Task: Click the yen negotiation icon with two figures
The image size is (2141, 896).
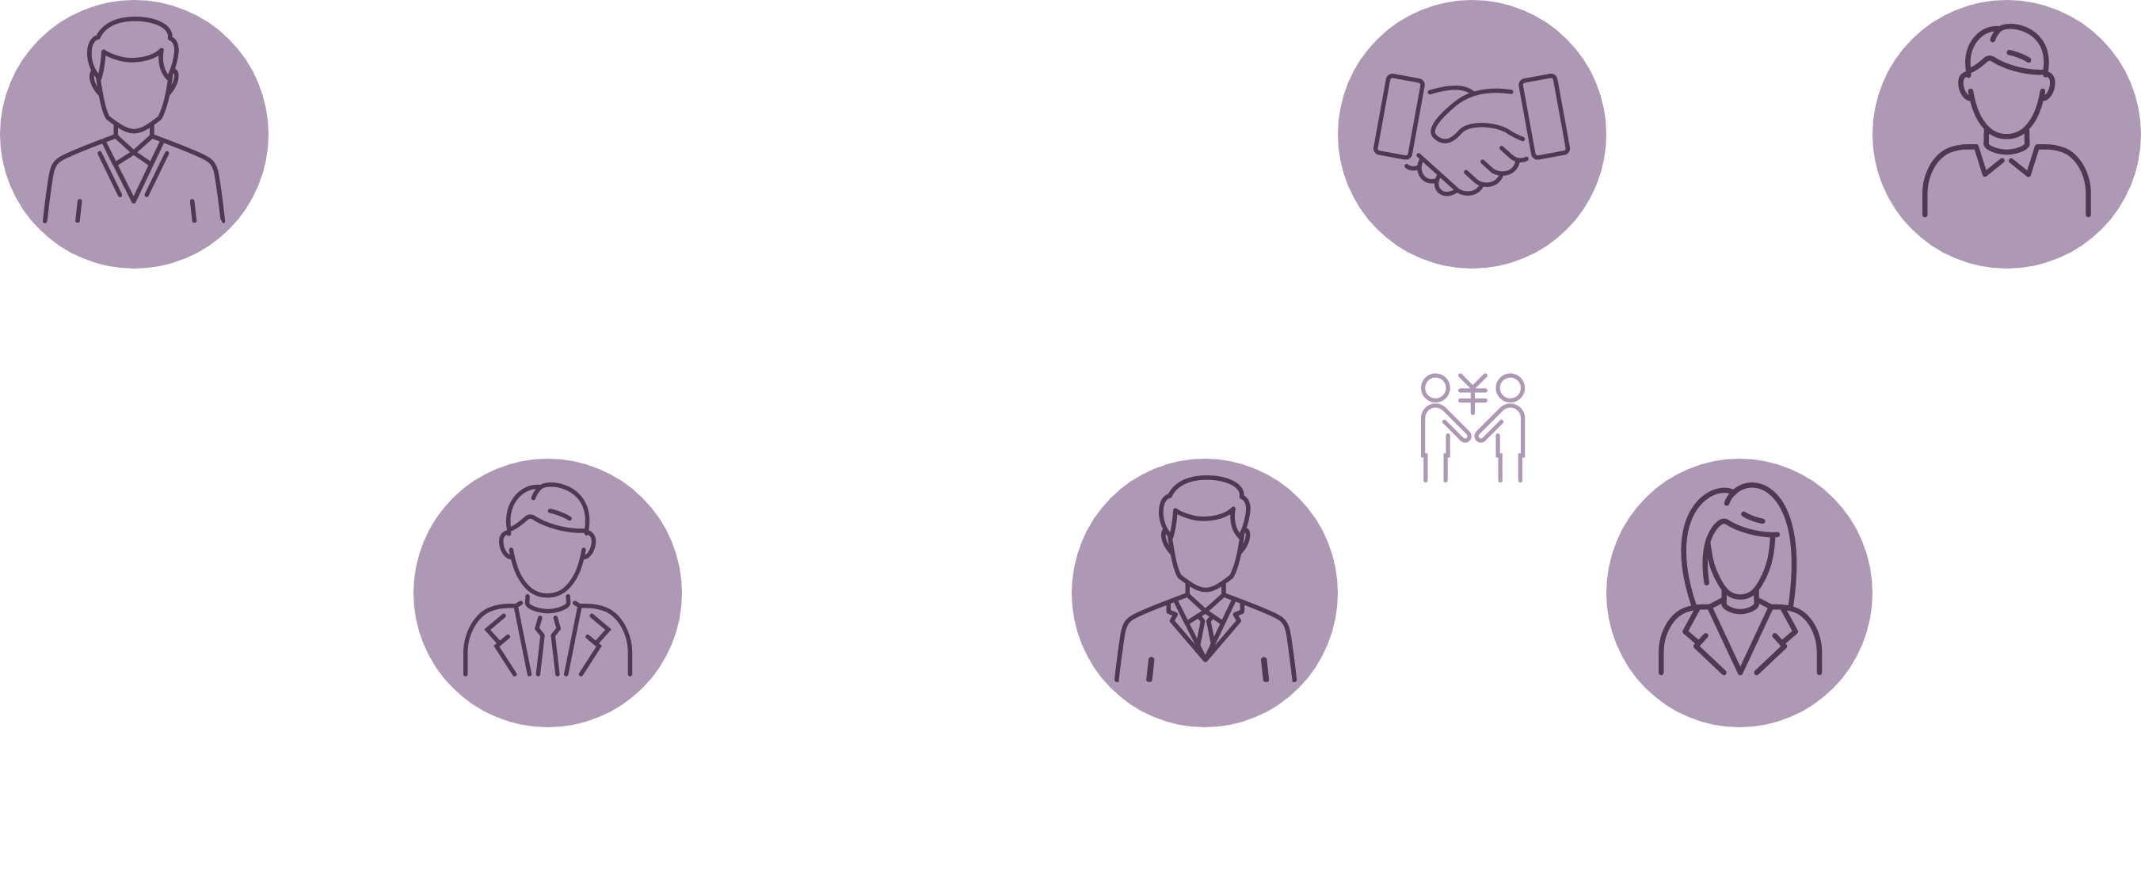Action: coord(1472,428)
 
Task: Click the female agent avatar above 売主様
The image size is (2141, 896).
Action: coord(1739,592)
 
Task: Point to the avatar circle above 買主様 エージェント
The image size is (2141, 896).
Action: coord(1204,592)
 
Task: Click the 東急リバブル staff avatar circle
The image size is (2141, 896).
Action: coord(547,592)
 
